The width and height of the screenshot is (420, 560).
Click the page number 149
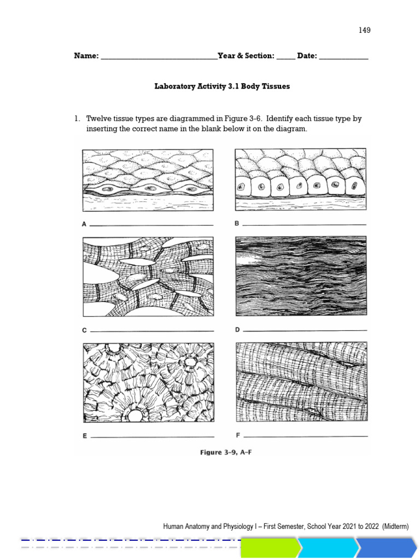[364, 30]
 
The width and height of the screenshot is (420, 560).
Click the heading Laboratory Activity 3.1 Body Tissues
[222, 86]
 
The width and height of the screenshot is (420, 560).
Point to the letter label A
[84, 224]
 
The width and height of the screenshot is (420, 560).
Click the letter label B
[237, 223]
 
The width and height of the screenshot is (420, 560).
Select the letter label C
[84, 330]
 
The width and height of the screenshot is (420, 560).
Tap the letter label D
[237, 330]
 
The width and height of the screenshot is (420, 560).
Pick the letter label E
[84, 436]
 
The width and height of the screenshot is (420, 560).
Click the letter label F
[238, 436]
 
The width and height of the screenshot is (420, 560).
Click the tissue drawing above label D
[301, 276]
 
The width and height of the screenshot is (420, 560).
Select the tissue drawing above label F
[301, 382]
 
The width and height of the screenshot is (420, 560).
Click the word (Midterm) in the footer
[395, 526]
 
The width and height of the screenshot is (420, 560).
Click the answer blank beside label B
[304, 224]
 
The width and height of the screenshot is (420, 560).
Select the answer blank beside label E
[152, 437]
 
